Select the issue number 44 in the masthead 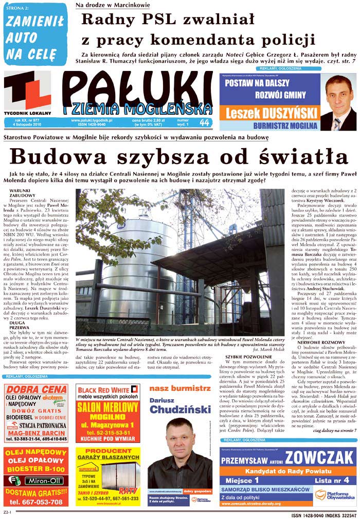[x=204, y=123]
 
